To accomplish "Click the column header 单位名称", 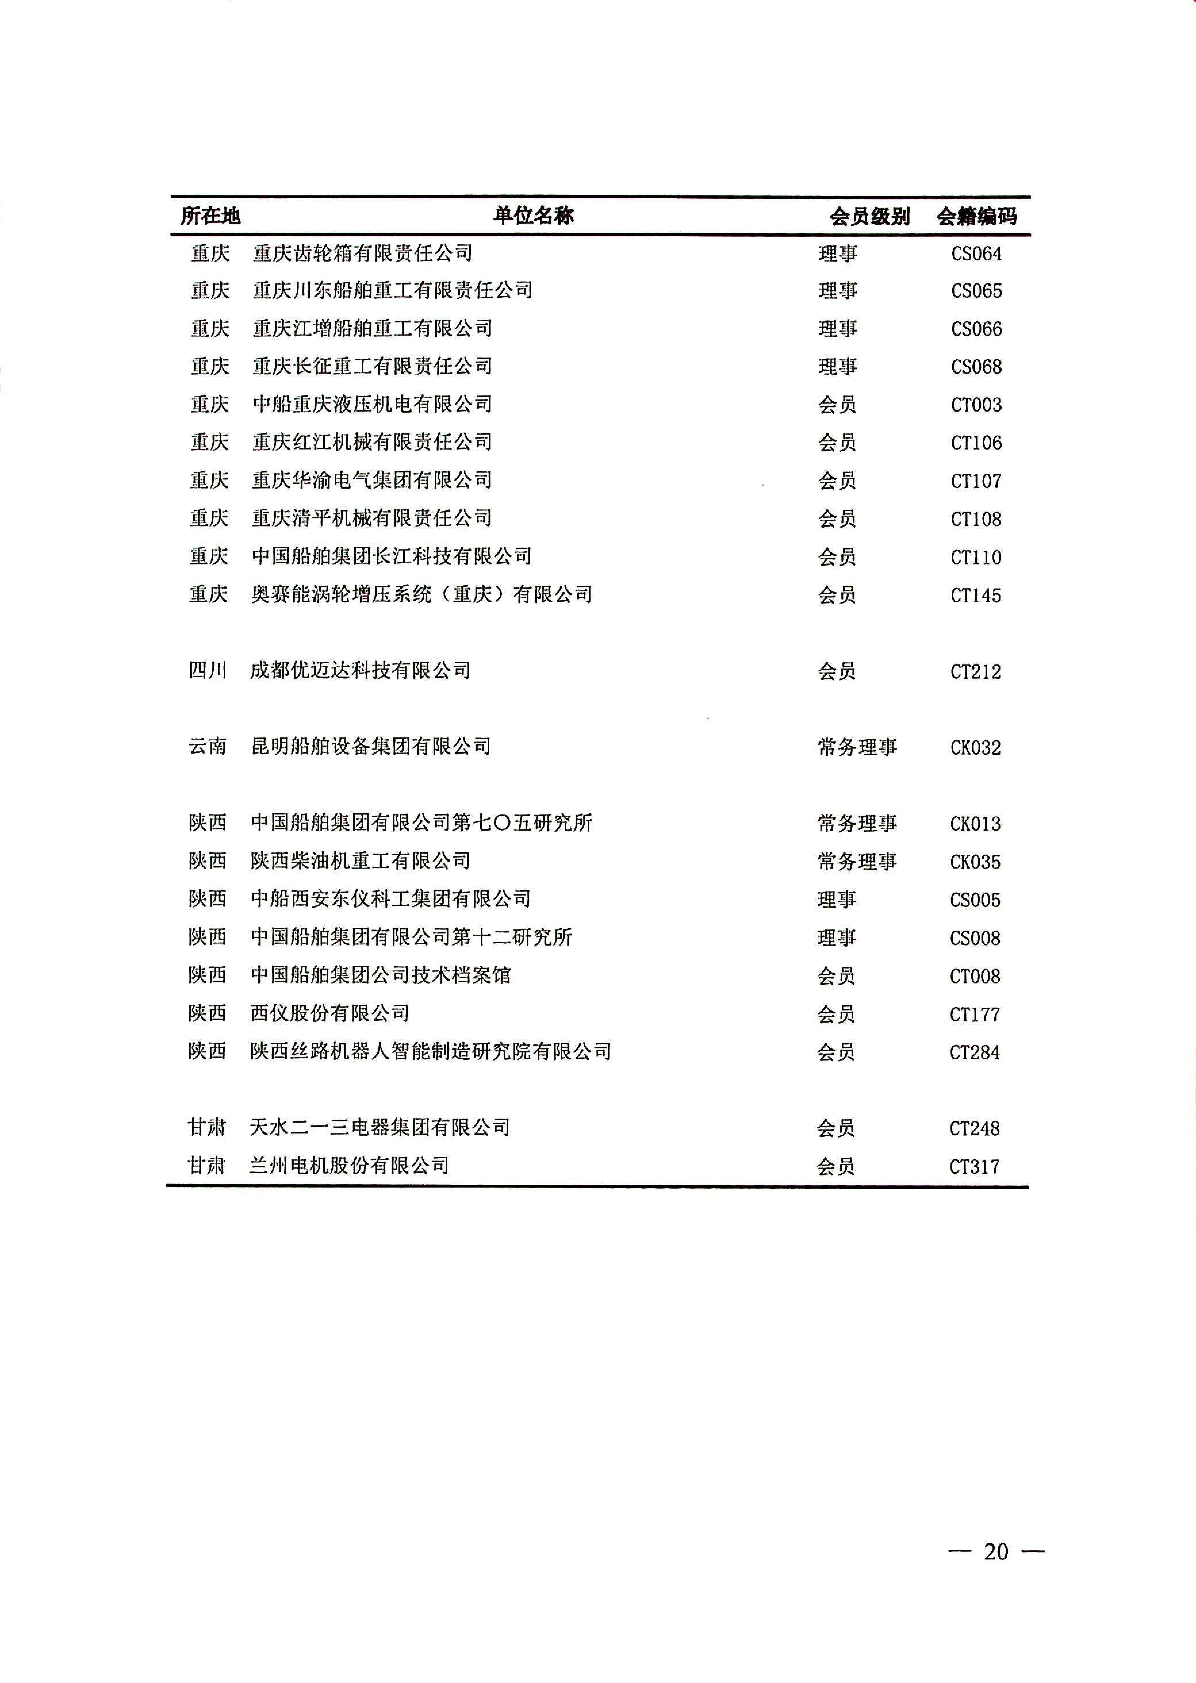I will click(533, 216).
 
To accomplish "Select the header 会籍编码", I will click(977, 217).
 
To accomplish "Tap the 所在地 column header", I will click(211, 216).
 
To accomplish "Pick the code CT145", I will click(976, 596).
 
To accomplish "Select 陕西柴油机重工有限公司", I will click(360, 861).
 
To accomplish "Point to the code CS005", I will click(975, 900).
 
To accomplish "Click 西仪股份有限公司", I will click(330, 1013).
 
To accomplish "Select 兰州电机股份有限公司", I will click(349, 1165).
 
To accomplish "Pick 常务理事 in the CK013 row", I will click(857, 823).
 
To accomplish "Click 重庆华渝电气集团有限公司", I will click(372, 480).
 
